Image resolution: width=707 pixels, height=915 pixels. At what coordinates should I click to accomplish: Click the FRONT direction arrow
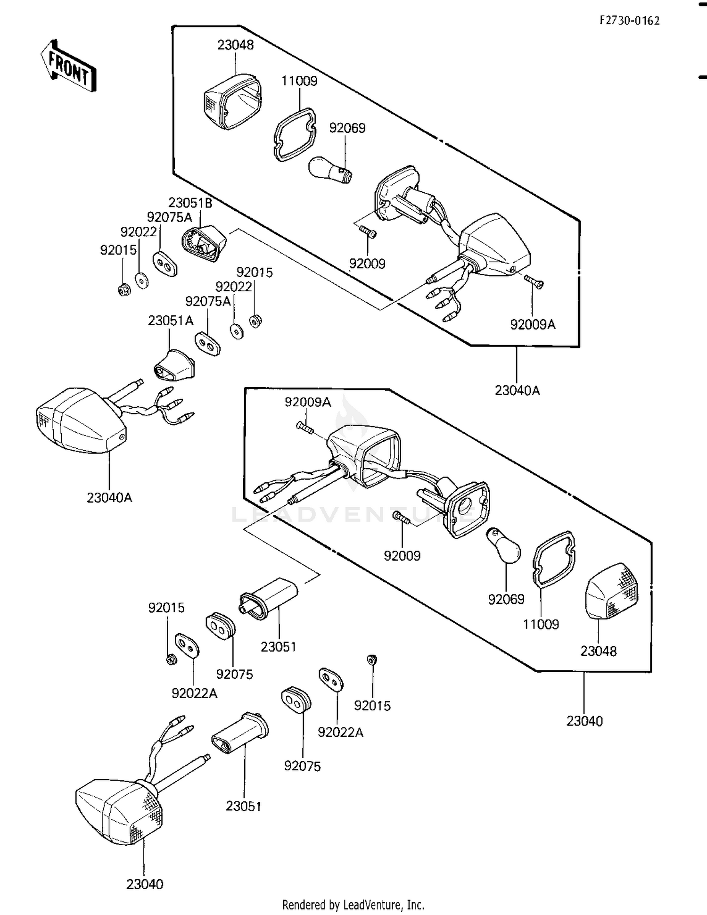point(68,66)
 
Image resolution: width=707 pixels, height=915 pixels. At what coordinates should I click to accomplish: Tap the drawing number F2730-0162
point(629,20)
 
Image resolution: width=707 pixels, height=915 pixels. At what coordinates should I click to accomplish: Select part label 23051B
point(190,203)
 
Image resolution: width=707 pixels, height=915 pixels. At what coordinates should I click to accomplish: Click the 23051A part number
point(171,321)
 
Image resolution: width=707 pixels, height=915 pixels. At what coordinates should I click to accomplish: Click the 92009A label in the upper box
point(533,324)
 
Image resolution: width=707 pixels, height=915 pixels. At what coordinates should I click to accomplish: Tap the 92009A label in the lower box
point(307,402)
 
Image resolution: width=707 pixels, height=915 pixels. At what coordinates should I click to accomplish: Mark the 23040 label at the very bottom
point(145,884)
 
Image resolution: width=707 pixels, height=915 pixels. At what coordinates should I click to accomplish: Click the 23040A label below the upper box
point(517,390)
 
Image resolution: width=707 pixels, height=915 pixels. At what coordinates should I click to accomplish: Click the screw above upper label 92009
point(368,232)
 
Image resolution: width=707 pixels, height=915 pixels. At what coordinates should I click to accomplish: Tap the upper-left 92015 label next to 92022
point(118,250)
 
